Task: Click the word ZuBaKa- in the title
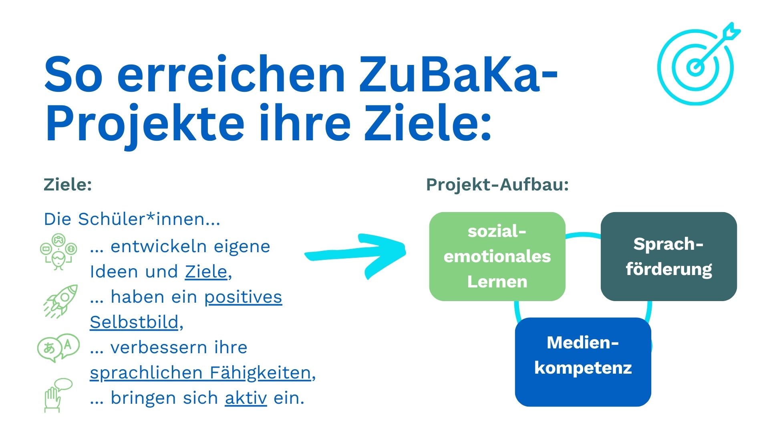tap(458, 74)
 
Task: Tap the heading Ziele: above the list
tap(68, 184)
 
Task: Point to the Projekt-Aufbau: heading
tap(497, 185)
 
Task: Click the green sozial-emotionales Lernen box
tap(497, 257)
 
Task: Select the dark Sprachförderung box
tap(668, 257)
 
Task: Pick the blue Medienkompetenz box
tap(583, 362)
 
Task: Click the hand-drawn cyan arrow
tap(356, 254)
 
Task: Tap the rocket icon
tap(61, 301)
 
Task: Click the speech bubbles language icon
tap(58, 348)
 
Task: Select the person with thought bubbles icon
tap(58, 252)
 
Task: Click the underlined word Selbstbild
tap(134, 322)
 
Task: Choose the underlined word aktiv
tap(246, 398)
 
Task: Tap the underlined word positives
tap(243, 297)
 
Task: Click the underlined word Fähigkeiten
tap(260, 373)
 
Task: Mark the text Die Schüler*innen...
tap(132, 219)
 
